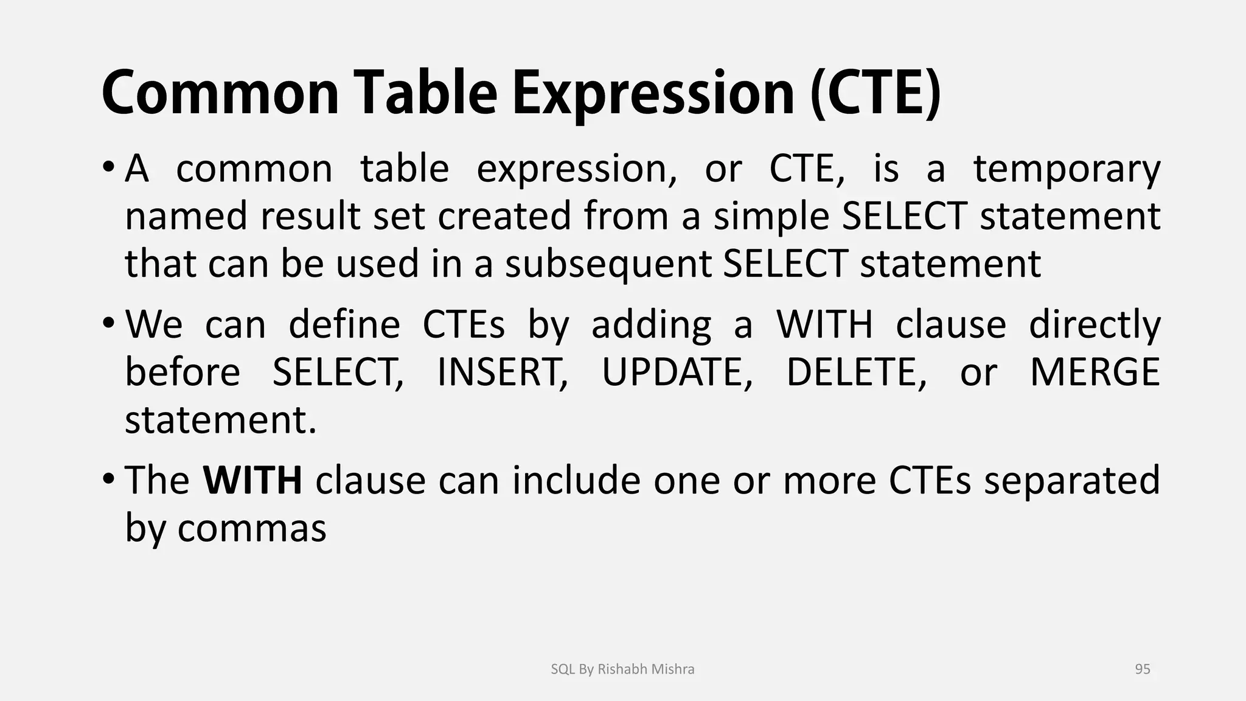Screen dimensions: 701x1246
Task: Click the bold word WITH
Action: tap(252, 480)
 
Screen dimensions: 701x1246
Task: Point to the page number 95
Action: tap(1143, 669)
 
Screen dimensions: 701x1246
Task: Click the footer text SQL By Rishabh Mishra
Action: tap(622, 669)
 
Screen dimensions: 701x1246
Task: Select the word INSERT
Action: tap(502, 372)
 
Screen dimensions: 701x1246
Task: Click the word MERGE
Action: tap(1095, 372)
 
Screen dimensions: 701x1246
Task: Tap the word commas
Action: tap(252, 528)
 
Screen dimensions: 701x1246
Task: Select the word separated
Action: tap(1072, 480)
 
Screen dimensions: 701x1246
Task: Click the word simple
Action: tap(771, 217)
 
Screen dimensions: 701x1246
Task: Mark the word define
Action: tap(344, 324)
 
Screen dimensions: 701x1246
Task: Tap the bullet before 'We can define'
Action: tap(108, 321)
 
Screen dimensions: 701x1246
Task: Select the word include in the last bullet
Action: tap(576, 480)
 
